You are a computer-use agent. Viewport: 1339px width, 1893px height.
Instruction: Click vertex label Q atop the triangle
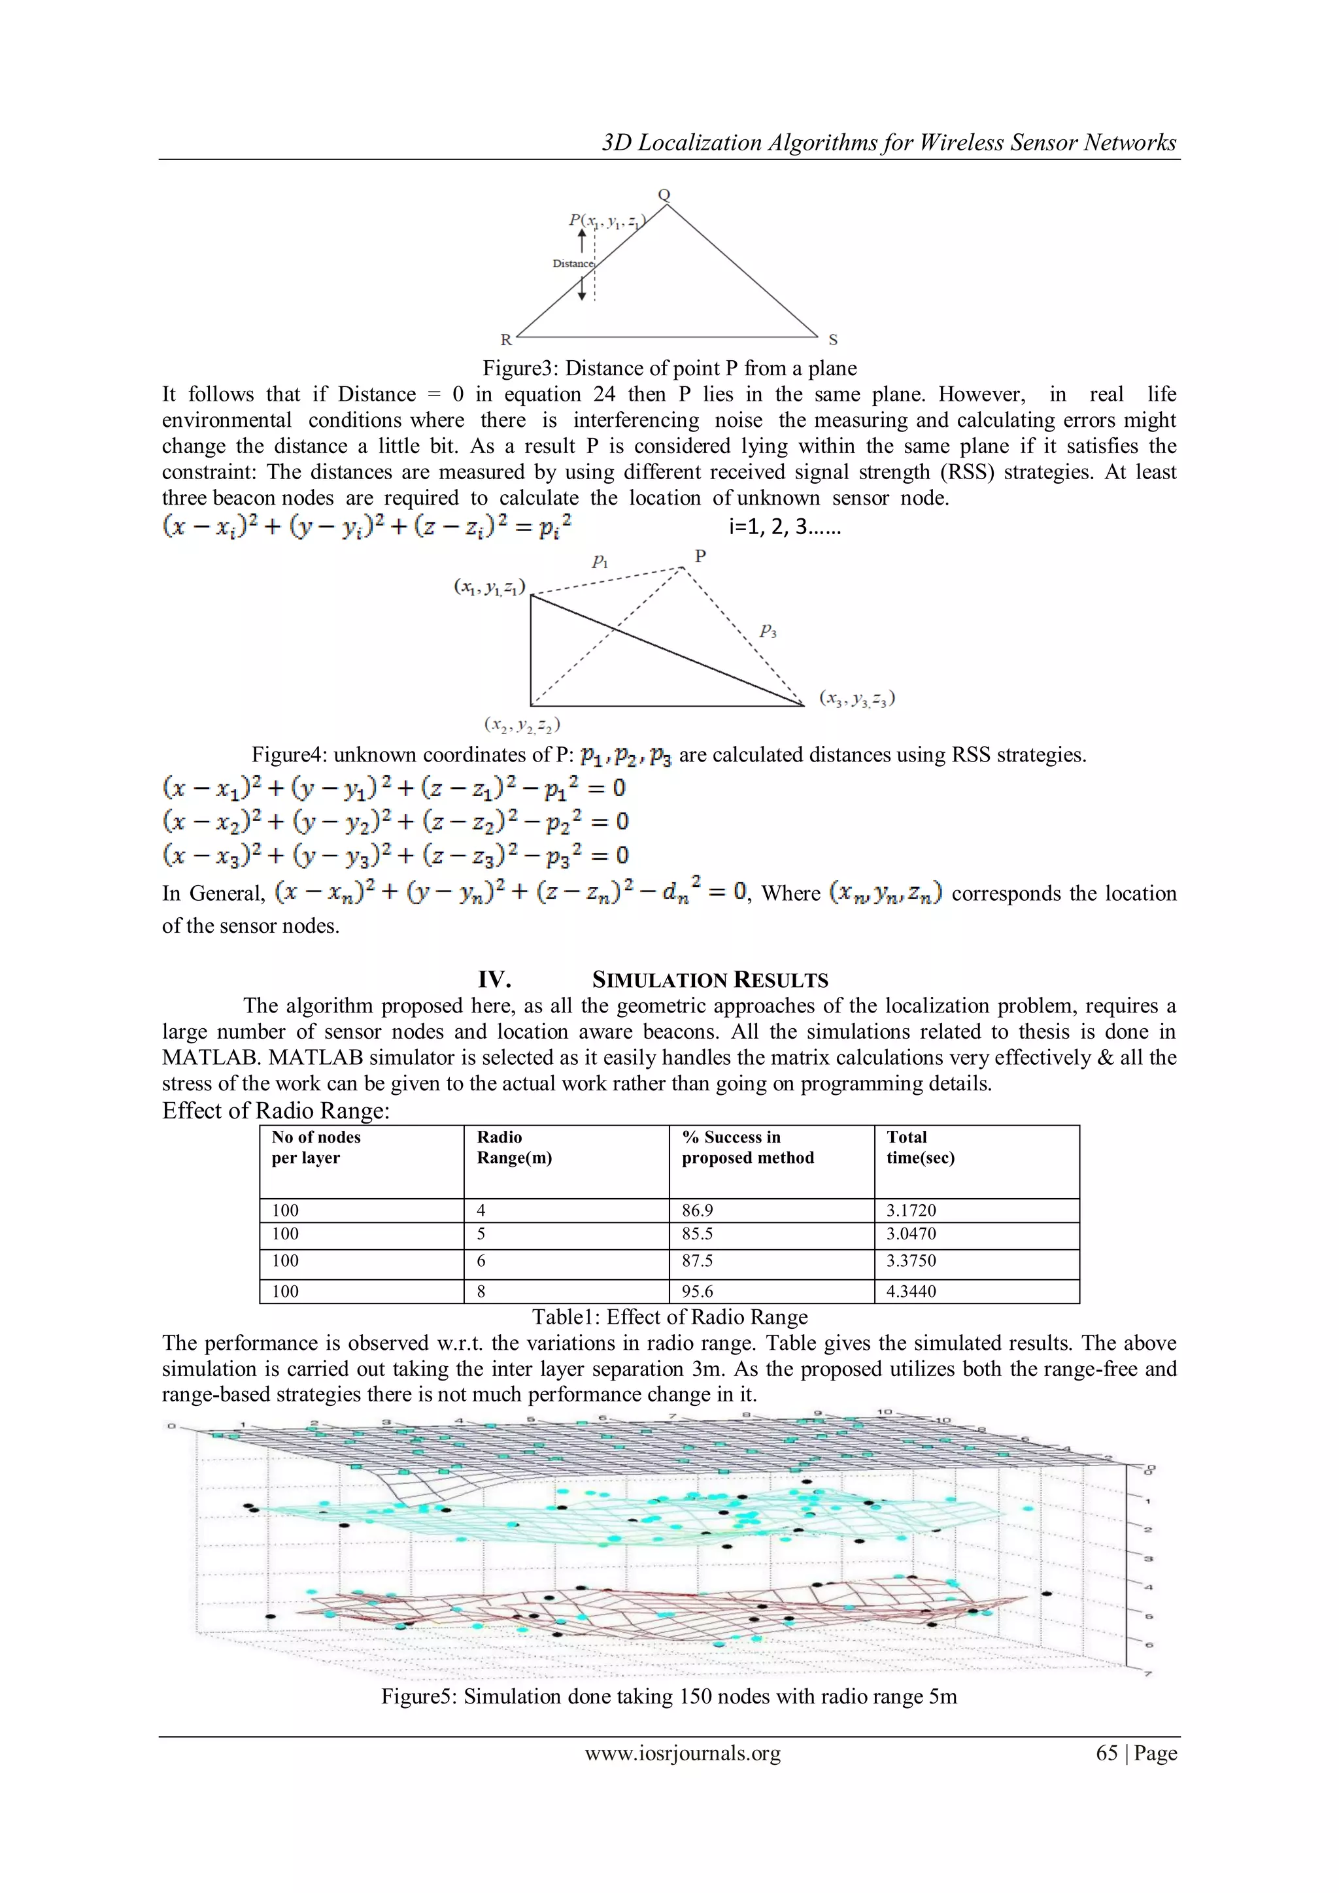[x=664, y=195]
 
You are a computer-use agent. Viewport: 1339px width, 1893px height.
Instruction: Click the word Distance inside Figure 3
[x=573, y=264]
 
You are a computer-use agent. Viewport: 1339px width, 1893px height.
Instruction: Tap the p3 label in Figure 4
[x=768, y=631]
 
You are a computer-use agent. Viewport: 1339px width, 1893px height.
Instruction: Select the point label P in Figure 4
[x=700, y=556]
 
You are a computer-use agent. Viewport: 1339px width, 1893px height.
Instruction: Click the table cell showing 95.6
[x=697, y=1291]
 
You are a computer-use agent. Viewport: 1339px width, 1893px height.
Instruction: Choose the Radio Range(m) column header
[x=514, y=1147]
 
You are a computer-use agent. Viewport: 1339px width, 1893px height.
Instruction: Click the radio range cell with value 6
[x=481, y=1261]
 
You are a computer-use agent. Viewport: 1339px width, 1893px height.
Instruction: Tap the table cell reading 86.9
[x=697, y=1211]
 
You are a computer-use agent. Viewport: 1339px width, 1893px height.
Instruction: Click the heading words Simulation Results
[x=710, y=980]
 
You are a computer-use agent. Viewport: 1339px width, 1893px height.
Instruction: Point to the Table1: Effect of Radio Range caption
[x=669, y=1316]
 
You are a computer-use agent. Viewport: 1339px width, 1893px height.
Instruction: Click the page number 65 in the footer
[x=1106, y=1753]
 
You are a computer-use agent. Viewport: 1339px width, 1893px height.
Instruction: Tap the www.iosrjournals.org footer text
[x=683, y=1753]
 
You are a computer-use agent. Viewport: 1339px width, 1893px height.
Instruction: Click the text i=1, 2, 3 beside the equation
[x=784, y=527]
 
